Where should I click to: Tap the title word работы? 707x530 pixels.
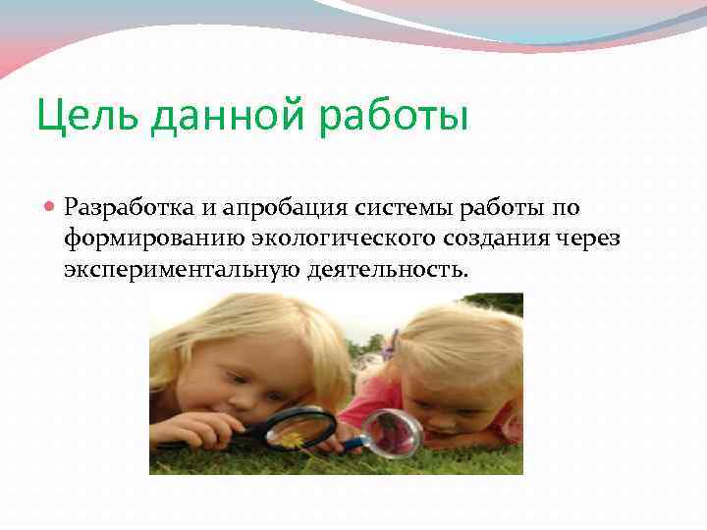(397, 117)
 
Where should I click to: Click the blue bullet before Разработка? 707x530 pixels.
(50, 207)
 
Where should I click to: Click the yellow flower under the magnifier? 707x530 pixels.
(294, 440)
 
